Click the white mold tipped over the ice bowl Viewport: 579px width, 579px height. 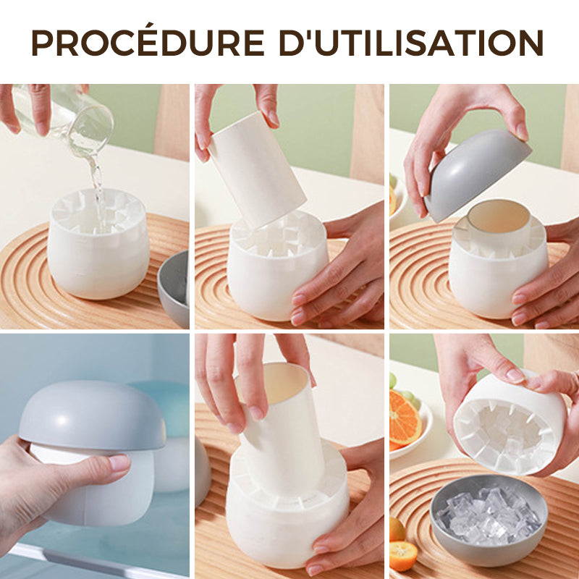(507, 427)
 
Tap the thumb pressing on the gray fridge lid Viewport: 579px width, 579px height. (109, 463)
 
